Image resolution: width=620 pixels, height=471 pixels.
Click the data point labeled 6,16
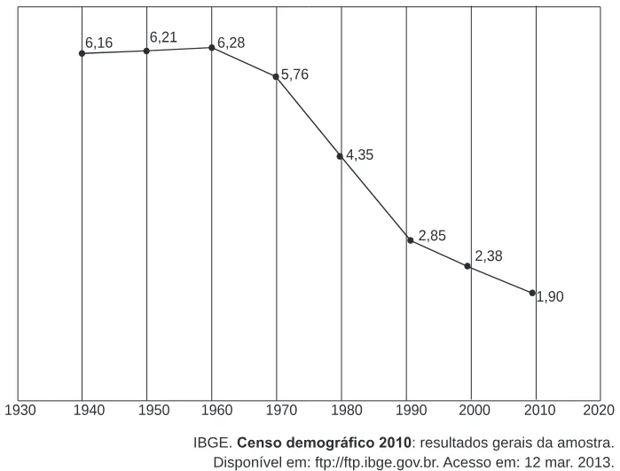82,53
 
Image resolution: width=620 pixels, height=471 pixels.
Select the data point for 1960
211,48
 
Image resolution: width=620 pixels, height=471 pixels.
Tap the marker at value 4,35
340,156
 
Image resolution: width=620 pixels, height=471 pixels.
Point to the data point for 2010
532,293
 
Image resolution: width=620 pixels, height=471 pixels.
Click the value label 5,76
294,75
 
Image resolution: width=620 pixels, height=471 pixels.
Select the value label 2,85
432,236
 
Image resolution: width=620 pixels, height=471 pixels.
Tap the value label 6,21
163,37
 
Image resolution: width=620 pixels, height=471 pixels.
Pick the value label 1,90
550,296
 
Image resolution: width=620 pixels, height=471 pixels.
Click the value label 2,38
489,256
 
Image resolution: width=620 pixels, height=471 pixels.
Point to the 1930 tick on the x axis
20,410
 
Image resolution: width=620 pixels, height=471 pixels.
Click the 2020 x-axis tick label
599,410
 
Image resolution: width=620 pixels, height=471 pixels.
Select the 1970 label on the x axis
281,410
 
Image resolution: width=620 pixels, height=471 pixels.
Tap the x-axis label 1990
412,410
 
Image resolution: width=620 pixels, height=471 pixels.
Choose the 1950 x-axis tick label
153,410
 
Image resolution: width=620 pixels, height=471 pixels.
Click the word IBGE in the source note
212,443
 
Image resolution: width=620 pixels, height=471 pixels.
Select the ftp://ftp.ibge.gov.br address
377,462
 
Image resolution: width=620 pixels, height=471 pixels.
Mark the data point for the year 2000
467,266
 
